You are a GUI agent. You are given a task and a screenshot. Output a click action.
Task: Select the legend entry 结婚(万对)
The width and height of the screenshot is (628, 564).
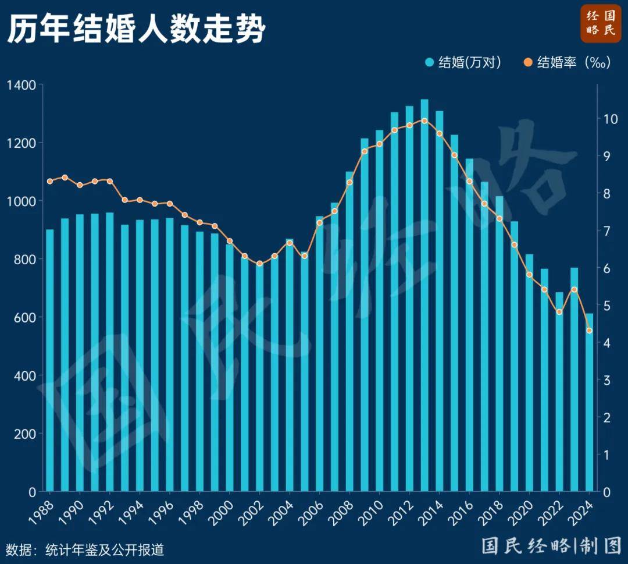pyautogui.click(x=462, y=62)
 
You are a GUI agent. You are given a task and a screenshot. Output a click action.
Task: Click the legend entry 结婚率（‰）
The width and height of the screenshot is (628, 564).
pyautogui.click(x=566, y=62)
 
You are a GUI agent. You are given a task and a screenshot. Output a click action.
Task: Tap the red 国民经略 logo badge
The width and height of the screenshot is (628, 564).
pyautogui.click(x=600, y=23)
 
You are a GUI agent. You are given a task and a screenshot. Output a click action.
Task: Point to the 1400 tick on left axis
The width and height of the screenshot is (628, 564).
pyautogui.click(x=22, y=85)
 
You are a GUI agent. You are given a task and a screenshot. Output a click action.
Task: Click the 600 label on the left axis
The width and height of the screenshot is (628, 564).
pyautogui.click(x=25, y=318)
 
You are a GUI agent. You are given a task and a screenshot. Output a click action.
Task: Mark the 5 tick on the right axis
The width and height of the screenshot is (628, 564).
pyautogui.click(x=607, y=306)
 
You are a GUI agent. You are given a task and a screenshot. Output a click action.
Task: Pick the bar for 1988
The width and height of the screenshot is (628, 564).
pyautogui.click(x=50, y=361)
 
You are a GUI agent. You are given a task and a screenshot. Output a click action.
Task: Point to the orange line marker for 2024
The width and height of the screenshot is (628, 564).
pyautogui.click(x=589, y=331)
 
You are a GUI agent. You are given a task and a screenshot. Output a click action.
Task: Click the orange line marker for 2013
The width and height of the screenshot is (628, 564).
pyautogui.click(x=424, y=121)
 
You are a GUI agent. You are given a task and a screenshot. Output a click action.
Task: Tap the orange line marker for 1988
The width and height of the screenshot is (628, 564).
pyautogui.click(x=50, y=181)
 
